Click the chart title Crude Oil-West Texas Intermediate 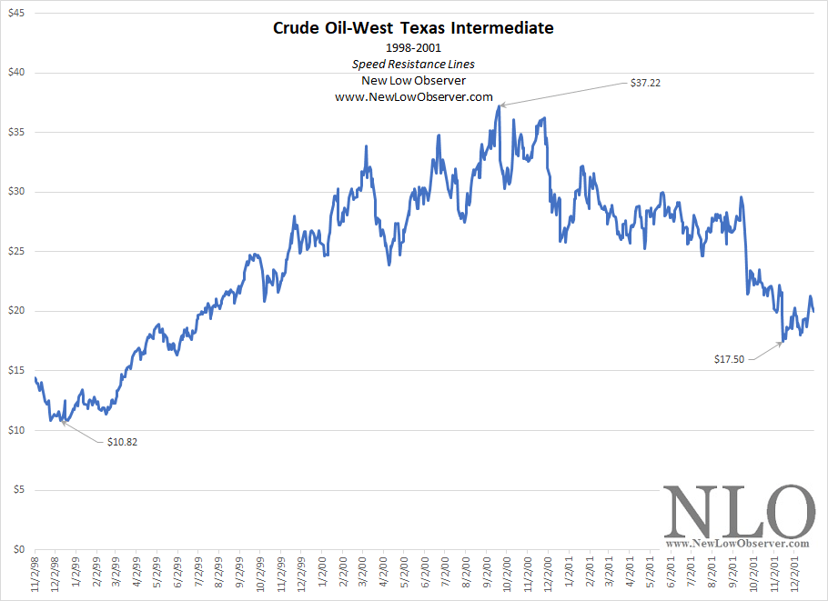[413, 28]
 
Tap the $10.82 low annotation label [122, 442]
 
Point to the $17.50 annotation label [729, 359]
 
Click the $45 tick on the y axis [16, 13]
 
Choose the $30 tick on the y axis [16, 192]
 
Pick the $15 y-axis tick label [16, 370]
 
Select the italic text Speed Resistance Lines [413, 65]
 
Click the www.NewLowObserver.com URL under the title [413, 96]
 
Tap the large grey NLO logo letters [739, 513]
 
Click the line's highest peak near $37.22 [500, 106]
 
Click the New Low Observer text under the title [413, 80]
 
